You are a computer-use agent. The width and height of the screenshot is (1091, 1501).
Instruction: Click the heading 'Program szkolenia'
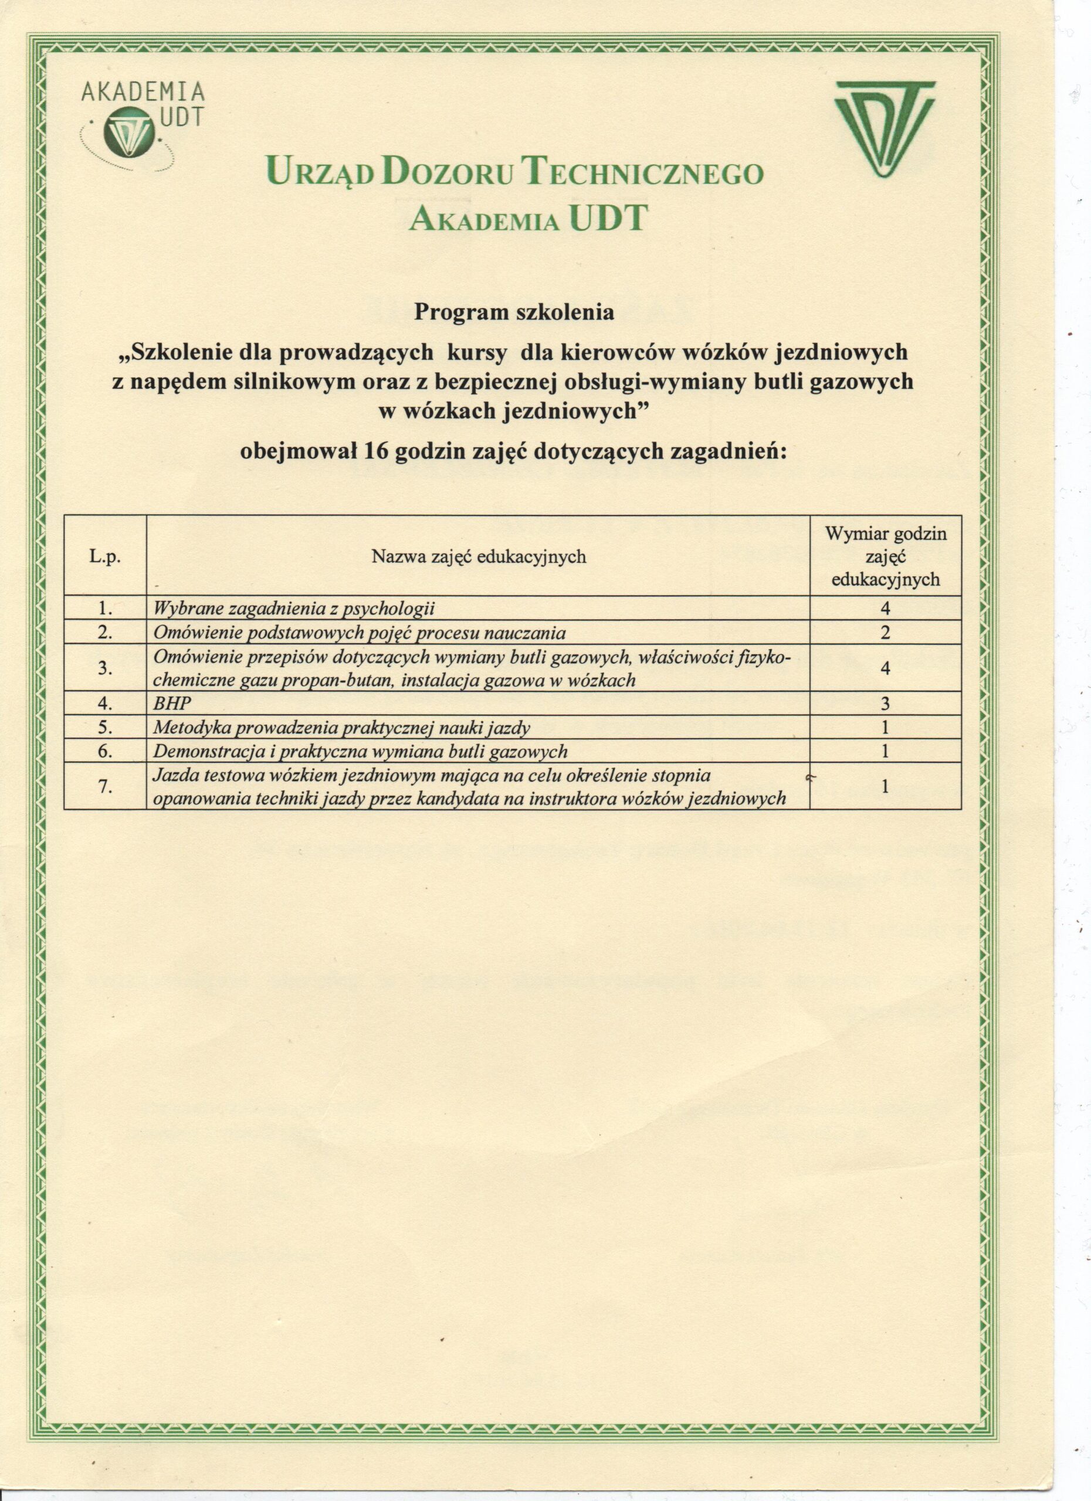tap(514, 312)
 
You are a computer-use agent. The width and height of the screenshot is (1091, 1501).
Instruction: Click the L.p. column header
tap(104, 556)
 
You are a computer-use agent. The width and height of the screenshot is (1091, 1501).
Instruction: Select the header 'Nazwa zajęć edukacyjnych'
tap(479, 556)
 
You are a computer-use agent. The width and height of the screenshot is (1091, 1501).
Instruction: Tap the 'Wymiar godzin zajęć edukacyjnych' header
tap(886, 556)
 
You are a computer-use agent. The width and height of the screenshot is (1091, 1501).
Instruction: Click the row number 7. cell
tap(104, 786)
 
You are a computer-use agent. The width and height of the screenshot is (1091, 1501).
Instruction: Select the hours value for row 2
tap(885, 633)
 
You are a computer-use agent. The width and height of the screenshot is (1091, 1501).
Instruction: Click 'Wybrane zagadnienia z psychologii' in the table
tap(293, 609)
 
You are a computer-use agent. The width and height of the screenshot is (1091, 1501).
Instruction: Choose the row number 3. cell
tap(104, 668)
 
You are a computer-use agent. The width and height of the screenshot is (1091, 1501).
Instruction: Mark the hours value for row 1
tap(885, 609)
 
